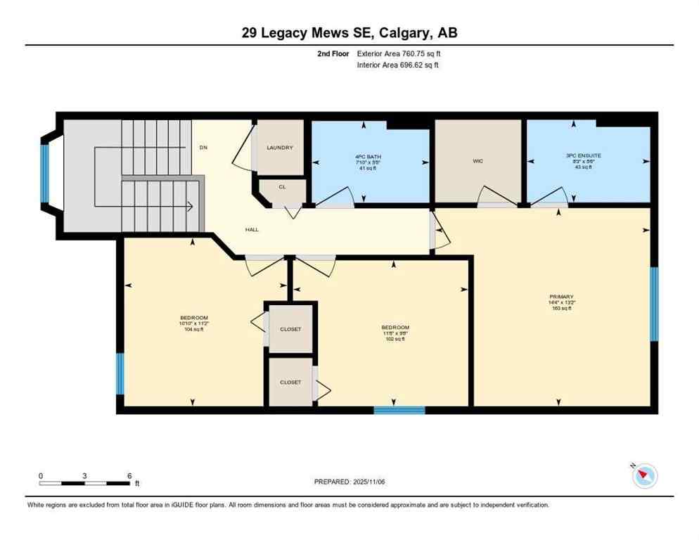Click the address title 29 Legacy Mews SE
pos(349,32)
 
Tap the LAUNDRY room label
pos(279,148)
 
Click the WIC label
pos(477,161)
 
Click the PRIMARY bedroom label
pos(561,297)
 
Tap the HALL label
pos(252,230)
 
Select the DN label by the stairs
pos(203,148)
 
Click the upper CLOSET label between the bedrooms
pos(290,329)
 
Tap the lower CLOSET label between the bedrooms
pos(290,382)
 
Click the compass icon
pos(644,476)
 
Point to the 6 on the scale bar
pos(129,476)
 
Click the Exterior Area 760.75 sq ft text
pos(399,53)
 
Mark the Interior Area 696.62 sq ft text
pos(399,65)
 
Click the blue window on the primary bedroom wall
pos(654,304)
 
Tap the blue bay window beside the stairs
pos(45,173)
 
